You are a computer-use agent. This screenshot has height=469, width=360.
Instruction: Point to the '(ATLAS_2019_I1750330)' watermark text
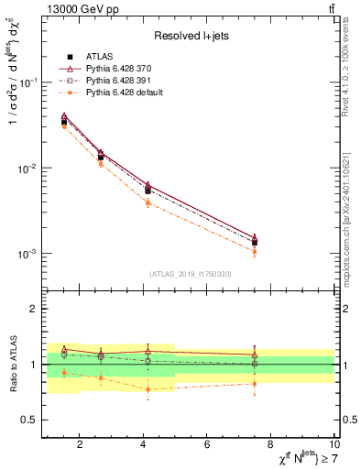[190, 274]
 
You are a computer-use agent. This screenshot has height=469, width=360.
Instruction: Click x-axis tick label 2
[80, 445]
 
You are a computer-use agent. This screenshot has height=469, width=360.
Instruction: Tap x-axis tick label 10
[334, 445]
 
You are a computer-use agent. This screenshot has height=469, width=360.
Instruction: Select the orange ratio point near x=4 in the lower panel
[147, 389]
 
